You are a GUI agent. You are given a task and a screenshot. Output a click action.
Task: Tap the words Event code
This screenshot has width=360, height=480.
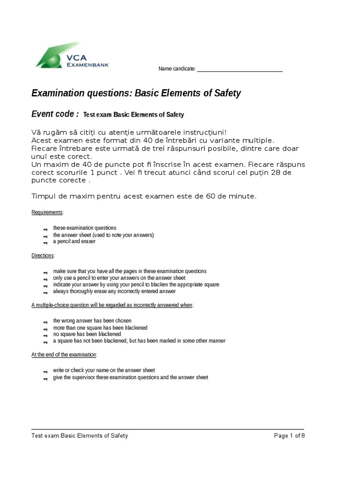(54, 114)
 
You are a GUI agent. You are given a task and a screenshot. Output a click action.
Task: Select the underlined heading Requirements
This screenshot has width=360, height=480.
(47, 212)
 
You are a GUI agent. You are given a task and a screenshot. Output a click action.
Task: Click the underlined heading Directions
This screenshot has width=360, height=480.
(43, 256)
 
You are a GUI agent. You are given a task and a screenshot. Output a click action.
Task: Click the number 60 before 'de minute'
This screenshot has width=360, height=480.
(211, 196)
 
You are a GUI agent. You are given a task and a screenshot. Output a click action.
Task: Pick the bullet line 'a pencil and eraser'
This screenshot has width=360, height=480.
(74, 242)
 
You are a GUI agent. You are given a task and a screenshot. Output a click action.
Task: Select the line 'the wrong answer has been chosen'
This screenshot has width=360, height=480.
(89, 321)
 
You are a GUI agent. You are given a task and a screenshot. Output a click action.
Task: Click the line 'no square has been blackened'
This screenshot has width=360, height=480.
(87, 334)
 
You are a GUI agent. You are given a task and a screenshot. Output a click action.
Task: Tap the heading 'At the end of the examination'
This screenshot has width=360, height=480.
(64, 355)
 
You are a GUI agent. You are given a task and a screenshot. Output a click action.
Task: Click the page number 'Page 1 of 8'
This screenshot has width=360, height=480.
(289, 436)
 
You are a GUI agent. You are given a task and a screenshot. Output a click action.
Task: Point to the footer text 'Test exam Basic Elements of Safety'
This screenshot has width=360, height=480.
(79, 436)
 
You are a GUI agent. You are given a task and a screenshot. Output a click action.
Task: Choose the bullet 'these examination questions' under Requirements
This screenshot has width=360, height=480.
(84, 228)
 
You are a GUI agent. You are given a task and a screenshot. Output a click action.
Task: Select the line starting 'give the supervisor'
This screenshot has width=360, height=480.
(130, 377)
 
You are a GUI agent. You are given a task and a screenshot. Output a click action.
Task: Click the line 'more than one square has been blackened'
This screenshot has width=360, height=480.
(100, 328)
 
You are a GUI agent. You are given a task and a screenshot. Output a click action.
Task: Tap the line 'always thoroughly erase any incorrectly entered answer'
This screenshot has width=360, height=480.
(114, 292)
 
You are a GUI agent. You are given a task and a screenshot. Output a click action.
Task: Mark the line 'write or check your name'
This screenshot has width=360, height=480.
(104, 370)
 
